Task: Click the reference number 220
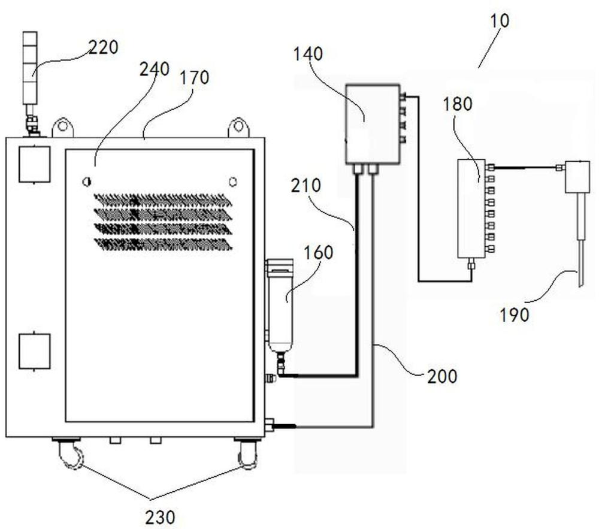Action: coord(104,47)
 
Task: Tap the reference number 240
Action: coord(155,69)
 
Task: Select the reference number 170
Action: coord(195,77)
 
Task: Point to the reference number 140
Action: coord(308,54)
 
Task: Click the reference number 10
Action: coord(499,20)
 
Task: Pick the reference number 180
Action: coord(458,104)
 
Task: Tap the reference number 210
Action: coord(306,186)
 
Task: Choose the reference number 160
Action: coord(319,252)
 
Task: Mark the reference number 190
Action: coord(515,315)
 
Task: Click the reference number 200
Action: coord(442,376)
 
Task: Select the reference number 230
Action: coord(160,518)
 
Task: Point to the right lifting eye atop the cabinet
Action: coord(238,127)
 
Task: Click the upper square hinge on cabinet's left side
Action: coord(35,164)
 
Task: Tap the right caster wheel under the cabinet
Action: coord(247,454)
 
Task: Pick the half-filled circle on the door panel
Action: coord(87,182)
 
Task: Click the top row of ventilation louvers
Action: coord(163,199)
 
